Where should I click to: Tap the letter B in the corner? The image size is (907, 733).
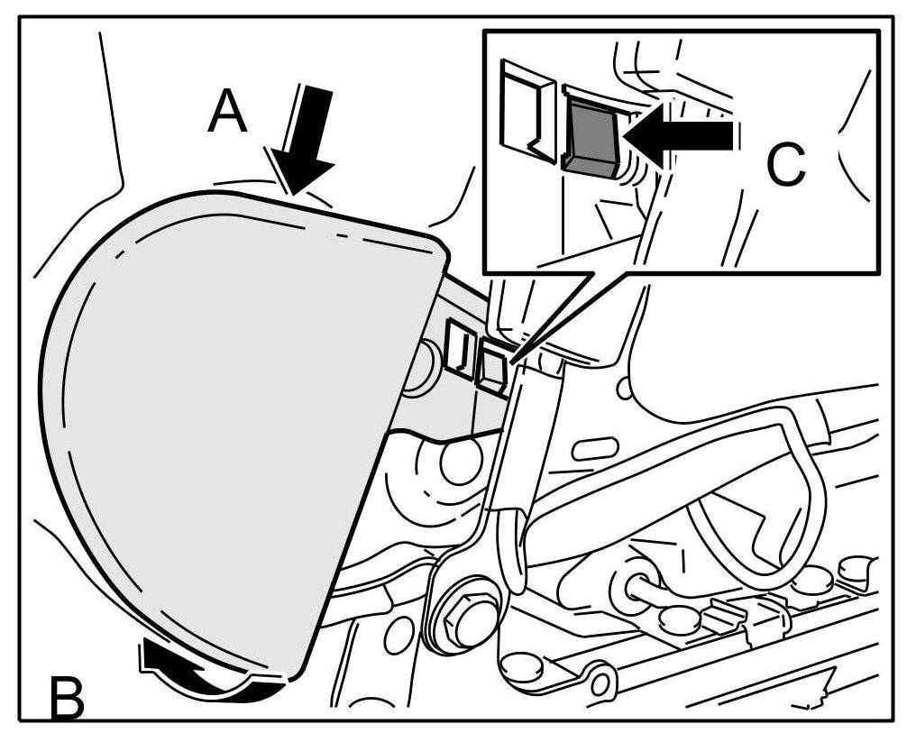pyautogui.click(x=63, y=697)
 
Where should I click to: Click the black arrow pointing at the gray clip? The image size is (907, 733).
pyautogui.click(x=682, y=135)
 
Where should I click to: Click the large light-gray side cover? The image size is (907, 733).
pyautogui.click(x=225, y=424)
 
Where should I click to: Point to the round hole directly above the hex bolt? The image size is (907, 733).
pyautogui.click(x=461, y=460)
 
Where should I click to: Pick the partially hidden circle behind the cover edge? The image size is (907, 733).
pyautogui.click(x=416, y=371)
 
